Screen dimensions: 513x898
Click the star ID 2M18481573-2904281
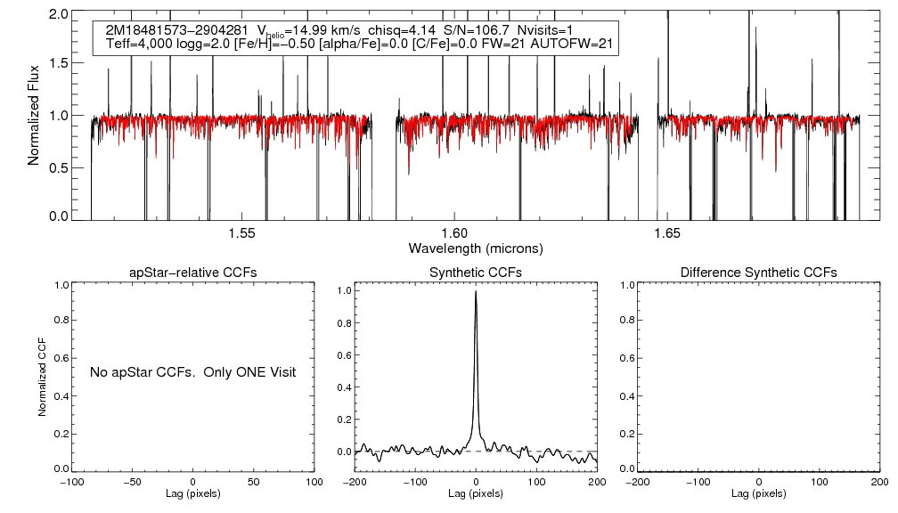177,30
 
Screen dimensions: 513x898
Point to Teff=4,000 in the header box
143,44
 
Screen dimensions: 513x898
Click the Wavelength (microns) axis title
475,248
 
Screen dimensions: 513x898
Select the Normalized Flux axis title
34,116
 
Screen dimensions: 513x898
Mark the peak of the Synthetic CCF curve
476,291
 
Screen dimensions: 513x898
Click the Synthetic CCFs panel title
476,272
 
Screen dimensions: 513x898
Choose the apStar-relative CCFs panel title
194,272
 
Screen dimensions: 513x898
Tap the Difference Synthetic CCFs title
758,272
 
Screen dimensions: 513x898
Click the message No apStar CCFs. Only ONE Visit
192,371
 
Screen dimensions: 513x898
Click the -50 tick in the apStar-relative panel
133,482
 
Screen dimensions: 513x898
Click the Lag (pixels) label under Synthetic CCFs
476,493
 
